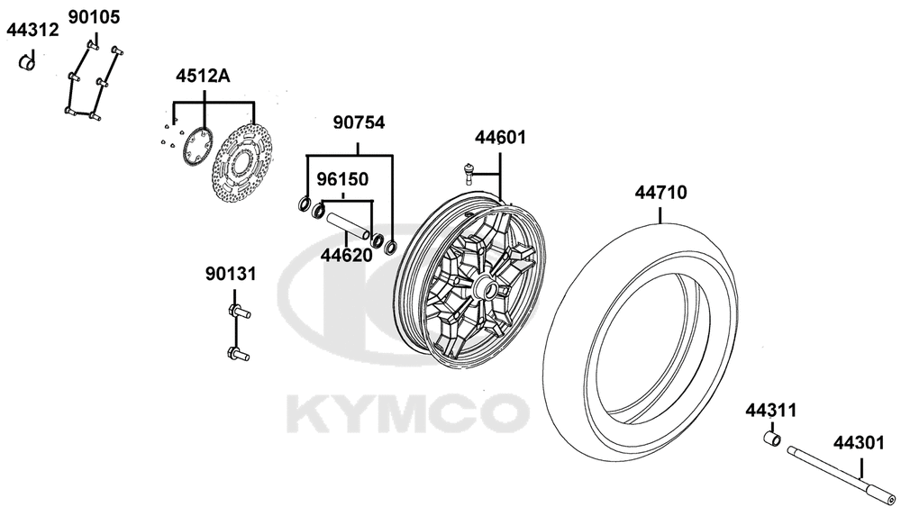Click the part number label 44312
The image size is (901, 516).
click(x=32, y=30)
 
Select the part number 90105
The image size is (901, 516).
click(x=95, y=17)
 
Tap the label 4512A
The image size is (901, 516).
click(x=203, y=76)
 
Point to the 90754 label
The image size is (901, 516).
click(x=359, y=122)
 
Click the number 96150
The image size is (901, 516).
click(x=343, y=179)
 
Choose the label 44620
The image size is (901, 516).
click(x=347, y=255)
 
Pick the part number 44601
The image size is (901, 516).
click(x=500, y=138)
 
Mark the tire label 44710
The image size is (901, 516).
click(x=660, y=193)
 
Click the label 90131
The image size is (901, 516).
click(x=231, y=274)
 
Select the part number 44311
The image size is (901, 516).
click(x=771, y=411)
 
